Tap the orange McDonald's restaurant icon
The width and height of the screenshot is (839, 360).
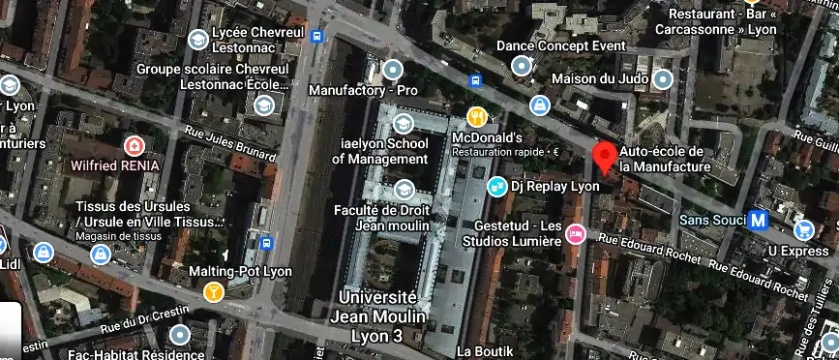(x=476, y=118)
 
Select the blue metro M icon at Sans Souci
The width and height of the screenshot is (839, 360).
(x=759, y=221)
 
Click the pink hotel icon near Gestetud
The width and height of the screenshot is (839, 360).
(x=576, y=233)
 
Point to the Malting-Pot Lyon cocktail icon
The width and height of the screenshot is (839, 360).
(x=214, y=291)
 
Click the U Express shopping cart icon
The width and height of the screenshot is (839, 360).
(x=803, y=230)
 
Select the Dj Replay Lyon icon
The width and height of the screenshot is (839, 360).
(x=496, y=186)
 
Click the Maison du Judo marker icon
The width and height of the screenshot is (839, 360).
(x=662, y=78)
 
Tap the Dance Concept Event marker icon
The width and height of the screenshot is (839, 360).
(x=523, y=66)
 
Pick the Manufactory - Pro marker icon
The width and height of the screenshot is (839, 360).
(x=392, y=70)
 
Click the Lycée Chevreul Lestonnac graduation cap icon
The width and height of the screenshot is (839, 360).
(x=198, y=40)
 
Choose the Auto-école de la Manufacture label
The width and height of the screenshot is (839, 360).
(x=663, y=160)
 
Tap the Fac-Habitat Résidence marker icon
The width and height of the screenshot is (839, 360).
(x=179, y=336)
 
